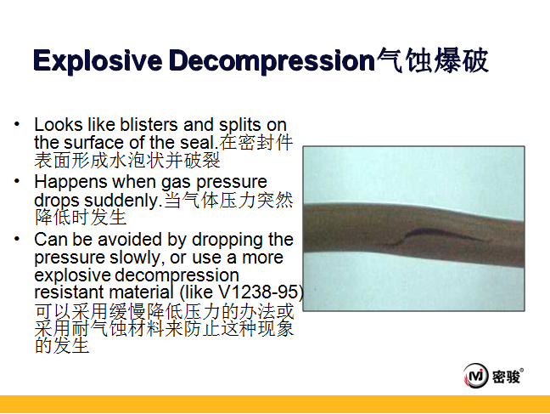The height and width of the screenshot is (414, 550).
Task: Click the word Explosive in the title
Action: click(98, 61)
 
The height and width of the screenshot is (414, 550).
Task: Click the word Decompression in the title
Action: click(272, 61)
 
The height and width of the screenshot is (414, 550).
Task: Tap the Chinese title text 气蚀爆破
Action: click(432, 60)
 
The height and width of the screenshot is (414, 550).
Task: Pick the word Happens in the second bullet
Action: click(70, 183)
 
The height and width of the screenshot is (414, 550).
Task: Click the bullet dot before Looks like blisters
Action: click(16, 124)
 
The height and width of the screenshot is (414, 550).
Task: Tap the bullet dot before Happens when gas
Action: click(16, 181)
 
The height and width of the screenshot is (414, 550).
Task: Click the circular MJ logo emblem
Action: click(475, 376)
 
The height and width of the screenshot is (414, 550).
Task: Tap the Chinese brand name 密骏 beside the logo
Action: click(506, 377)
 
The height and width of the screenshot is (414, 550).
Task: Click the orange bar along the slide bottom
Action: click(275, 404)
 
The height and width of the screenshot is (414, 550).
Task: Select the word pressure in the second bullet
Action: click(231, 183)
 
